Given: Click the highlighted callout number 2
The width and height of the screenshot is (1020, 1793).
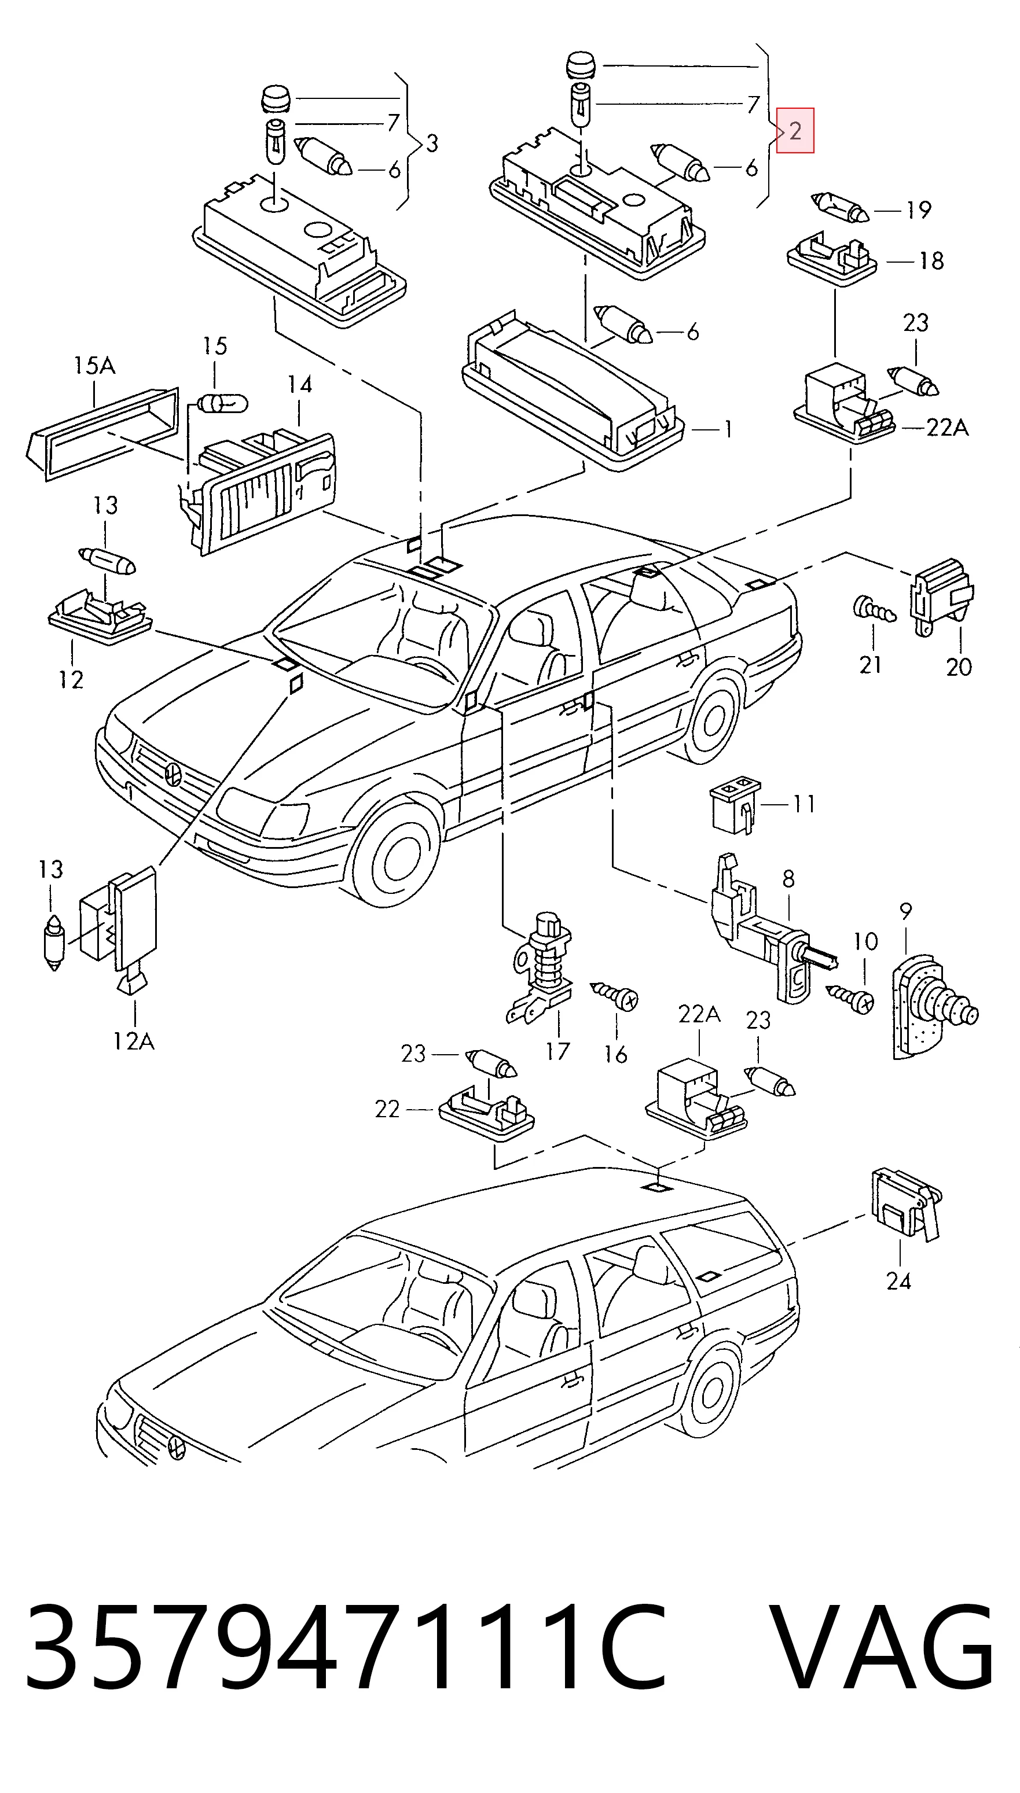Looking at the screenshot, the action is (x=795, y=130).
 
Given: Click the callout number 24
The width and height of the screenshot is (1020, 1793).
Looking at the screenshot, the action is (x=899, y=1281).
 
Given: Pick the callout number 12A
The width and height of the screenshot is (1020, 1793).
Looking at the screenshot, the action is (x=134, y=1042).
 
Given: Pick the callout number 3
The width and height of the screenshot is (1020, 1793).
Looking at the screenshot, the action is (x=431, y=143).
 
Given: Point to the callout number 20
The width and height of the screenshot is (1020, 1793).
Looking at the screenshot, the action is (x=959, y=667).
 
